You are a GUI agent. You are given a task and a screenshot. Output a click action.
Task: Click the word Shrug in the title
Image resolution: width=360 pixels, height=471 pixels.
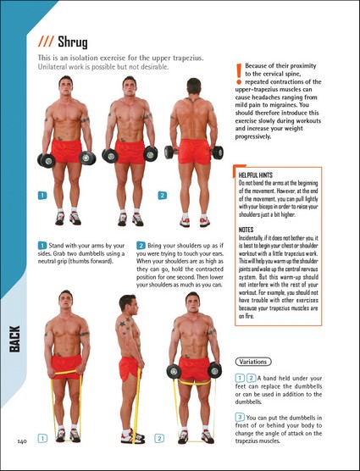point(73,42)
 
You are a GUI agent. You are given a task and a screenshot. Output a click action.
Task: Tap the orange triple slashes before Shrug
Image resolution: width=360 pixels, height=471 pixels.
point(46,42)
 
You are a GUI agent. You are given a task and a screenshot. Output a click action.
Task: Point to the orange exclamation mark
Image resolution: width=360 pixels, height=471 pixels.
point(239,74)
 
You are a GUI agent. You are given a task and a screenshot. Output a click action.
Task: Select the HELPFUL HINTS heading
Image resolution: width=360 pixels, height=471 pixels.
point(256,175)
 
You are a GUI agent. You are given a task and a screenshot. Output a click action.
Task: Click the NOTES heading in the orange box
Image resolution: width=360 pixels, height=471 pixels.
point(246,230)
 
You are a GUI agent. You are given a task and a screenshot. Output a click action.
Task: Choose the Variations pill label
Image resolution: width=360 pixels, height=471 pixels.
point(252,362)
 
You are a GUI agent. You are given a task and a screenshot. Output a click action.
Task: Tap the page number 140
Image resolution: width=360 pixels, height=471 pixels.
point(22,441)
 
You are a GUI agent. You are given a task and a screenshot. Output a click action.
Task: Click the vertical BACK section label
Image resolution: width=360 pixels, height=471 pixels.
point(14,339)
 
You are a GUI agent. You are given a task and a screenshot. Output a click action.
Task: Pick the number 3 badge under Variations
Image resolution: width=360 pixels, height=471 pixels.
point(240,417)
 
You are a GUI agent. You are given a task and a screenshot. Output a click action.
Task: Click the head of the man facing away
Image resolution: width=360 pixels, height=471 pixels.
point(194,86)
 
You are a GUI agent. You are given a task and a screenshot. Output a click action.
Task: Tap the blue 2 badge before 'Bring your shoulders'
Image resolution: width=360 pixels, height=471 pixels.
point(141,246)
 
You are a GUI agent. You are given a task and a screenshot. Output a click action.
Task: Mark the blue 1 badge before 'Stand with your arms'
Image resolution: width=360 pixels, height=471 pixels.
point(42,246)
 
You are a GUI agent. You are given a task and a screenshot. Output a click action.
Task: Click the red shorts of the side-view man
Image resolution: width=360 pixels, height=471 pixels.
point(129,368)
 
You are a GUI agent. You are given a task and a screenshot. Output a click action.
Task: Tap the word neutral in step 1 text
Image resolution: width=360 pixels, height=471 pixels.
point(46,261)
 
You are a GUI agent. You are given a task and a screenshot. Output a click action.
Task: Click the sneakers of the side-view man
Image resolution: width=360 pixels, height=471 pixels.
point(133,437)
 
